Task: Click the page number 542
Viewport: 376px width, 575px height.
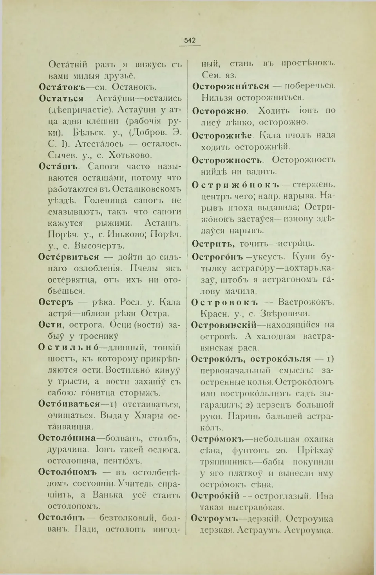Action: click(x=190, y=40)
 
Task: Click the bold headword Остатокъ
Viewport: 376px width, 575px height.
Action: click(x=62, y=87)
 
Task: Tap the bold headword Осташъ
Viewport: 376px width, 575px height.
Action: click(x=58, y=166)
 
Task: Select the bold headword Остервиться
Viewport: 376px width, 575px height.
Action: click(x=69, y=257)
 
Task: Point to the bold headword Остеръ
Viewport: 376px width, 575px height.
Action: click(x=56, y=302)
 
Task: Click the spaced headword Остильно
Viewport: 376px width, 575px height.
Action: click(x=69, y=347)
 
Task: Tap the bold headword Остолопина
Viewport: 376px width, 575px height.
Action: click(x=67, y=438)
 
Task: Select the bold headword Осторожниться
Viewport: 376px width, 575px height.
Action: click(x=231, y=86)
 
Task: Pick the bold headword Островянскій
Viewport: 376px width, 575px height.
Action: click(x=224, y=325)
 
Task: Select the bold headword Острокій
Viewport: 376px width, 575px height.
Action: click(x=215, y=496)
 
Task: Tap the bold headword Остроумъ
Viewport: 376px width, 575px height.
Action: click(x=214, y=519)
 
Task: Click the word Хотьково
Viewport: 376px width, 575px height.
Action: click(x=130, y=155)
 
